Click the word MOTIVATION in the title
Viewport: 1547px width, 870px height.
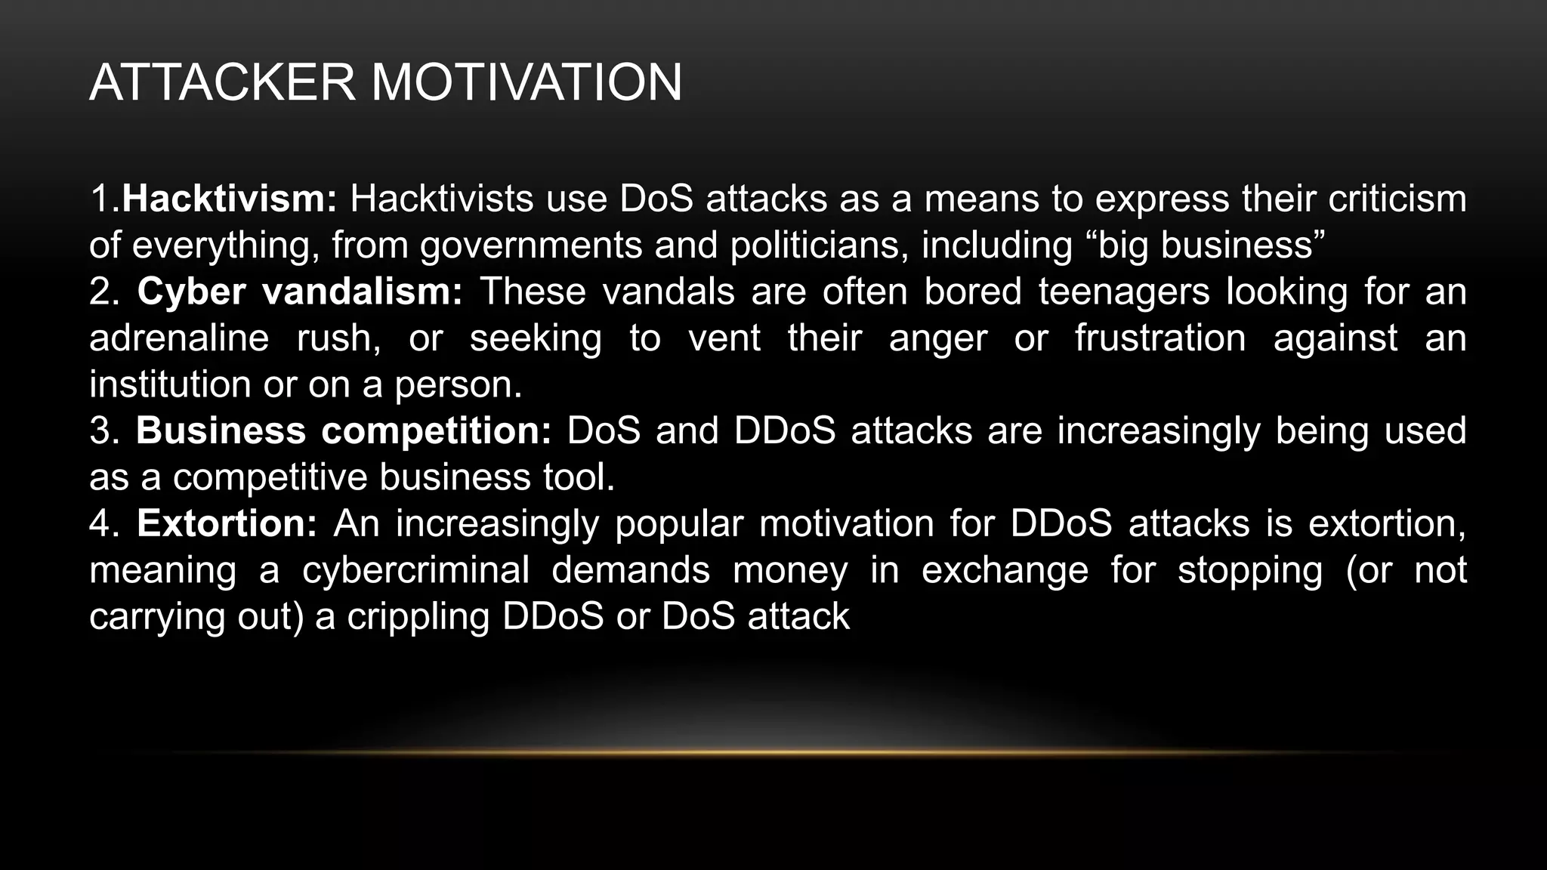tap(526, 82)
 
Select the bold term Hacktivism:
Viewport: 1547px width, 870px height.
tap(229, 199)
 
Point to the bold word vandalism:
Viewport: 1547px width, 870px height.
tap(362, 292)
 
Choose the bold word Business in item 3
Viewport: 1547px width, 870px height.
tap(221, 430)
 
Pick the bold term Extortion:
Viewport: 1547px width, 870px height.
tap(227, 523)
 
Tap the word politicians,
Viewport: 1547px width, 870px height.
tap(819, 245)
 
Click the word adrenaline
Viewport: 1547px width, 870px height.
tap(179, 338)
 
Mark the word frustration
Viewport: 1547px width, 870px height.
tap(1160, 338)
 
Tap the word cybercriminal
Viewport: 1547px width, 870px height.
tap(415, 569)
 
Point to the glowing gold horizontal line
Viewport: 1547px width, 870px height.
tap(773, 752)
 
